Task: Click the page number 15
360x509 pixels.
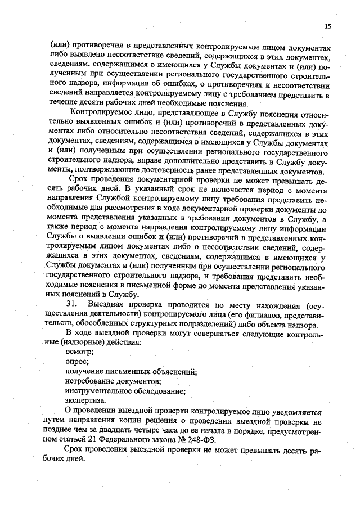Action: (328, 26)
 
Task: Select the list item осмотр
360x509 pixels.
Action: (79, 350)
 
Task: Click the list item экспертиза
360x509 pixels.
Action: (85, 400)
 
